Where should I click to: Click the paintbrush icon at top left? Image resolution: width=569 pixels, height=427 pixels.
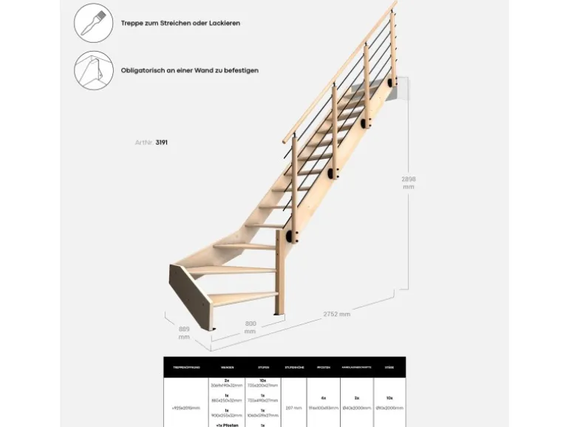tap(93, 23)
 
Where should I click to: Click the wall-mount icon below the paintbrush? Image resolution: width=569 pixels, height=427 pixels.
tap(93, 70)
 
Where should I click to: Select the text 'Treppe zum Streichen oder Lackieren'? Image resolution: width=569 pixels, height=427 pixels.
tap(180, 23)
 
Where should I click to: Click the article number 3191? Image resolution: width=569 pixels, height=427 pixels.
tap(162, 142)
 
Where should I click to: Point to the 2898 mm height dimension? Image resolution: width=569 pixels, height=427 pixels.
tap(409, 182)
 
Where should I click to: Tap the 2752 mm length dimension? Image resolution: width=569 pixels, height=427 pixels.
tap(336, 314)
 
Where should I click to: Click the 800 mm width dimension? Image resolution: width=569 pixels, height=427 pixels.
tap(251, 327)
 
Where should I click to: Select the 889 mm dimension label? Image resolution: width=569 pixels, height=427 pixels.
tap(184, 332)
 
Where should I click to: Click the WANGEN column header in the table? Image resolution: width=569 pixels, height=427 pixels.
tap(227, 366)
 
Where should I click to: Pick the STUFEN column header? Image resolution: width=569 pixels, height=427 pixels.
tap(263, 366)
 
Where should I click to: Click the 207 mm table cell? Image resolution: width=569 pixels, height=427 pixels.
tap(294, 407)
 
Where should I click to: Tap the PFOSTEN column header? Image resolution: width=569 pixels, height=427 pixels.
tap(323, 366)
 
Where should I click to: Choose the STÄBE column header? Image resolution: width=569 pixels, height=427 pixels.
tap(389, 366)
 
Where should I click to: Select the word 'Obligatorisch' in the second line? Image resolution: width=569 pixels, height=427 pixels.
tap(140, 70)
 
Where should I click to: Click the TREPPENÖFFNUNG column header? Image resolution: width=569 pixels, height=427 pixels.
tap(185, 366)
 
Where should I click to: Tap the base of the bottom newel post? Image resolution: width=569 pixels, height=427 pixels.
tap(278, 315)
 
